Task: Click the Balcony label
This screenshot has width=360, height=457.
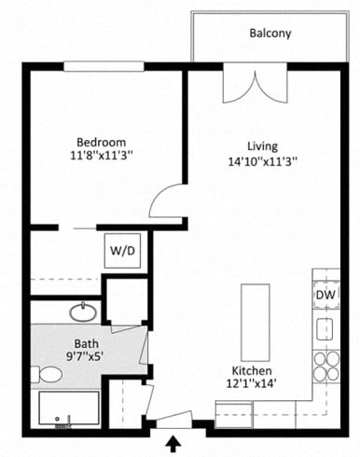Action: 270,34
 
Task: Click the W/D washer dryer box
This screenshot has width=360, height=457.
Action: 122,250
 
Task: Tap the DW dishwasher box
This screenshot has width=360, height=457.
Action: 325,295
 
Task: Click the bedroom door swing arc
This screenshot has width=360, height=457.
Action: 168,201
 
